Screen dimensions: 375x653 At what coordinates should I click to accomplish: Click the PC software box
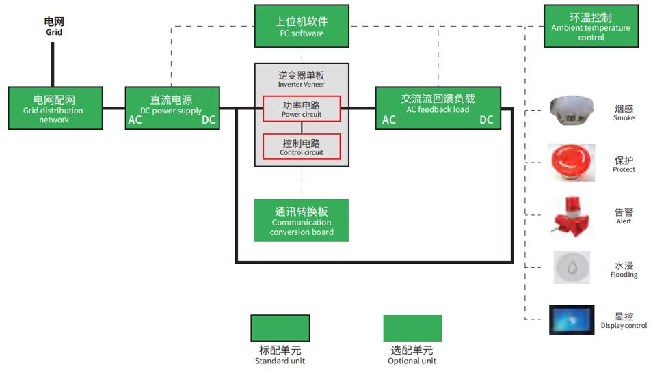pos(302,26)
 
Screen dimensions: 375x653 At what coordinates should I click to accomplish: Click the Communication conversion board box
pos(302,221)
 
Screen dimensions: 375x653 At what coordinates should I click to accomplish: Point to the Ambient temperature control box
pos(591,27)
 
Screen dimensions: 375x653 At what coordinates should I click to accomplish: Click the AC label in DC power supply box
pos(135,120)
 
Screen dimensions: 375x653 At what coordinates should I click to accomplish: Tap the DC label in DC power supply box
pos(209,120)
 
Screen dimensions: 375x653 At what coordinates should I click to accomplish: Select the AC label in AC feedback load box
pos(388,120)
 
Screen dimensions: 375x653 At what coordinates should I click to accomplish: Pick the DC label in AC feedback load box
pos(486,120)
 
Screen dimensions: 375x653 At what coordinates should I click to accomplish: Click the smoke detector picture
pos(572,111)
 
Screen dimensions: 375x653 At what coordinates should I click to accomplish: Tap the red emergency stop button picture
pos(572,163)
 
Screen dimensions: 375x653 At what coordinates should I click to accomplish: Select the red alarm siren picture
pos(572,214)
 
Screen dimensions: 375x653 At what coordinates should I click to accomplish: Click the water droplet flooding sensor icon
pos(572,267)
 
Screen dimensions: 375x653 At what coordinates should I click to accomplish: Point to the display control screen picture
pos(572,320)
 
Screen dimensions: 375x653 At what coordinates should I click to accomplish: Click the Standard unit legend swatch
pos(280,328)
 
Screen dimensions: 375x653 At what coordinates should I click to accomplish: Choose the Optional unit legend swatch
pos(412,328)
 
